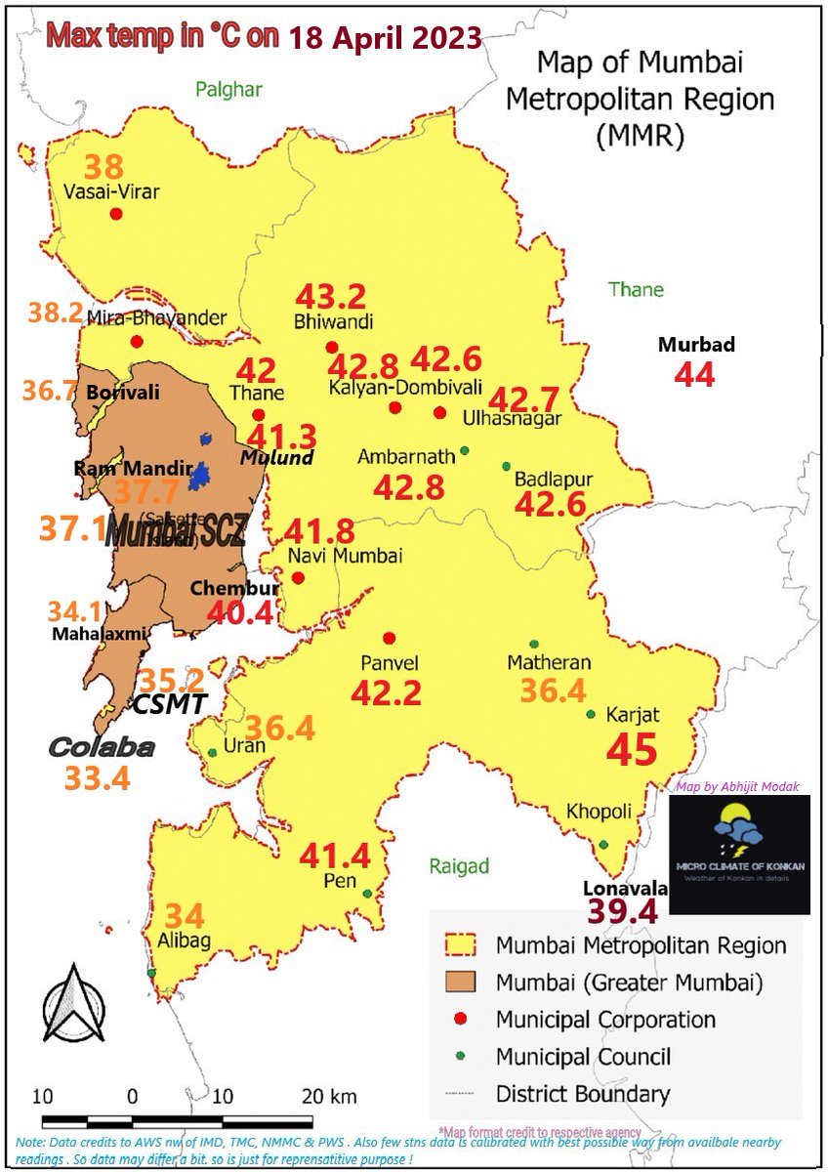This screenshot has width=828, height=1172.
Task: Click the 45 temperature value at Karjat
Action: pos(632,750)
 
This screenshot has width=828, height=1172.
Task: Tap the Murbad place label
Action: pos(695,345)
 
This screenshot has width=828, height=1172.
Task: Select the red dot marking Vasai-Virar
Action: pos(116,214)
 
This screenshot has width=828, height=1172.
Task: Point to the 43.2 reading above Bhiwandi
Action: pos(330,296)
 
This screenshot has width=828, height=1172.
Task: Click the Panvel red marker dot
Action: pos(390,638)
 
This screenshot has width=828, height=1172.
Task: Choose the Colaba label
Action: pos(102,748)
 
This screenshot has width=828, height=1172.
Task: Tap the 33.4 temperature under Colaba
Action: pos(97,778)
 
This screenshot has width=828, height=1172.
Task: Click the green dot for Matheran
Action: pos(533,644)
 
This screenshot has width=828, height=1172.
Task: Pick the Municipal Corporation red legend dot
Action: pos(462,1019)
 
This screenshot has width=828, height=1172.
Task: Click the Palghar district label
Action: pos(228,90)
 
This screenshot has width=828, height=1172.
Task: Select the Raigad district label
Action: pos(459,866)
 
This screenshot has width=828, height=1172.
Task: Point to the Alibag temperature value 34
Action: pos(185,916)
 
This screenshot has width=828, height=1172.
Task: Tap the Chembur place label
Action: pos(234,588)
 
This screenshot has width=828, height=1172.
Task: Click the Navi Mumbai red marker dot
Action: pos(298,577)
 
